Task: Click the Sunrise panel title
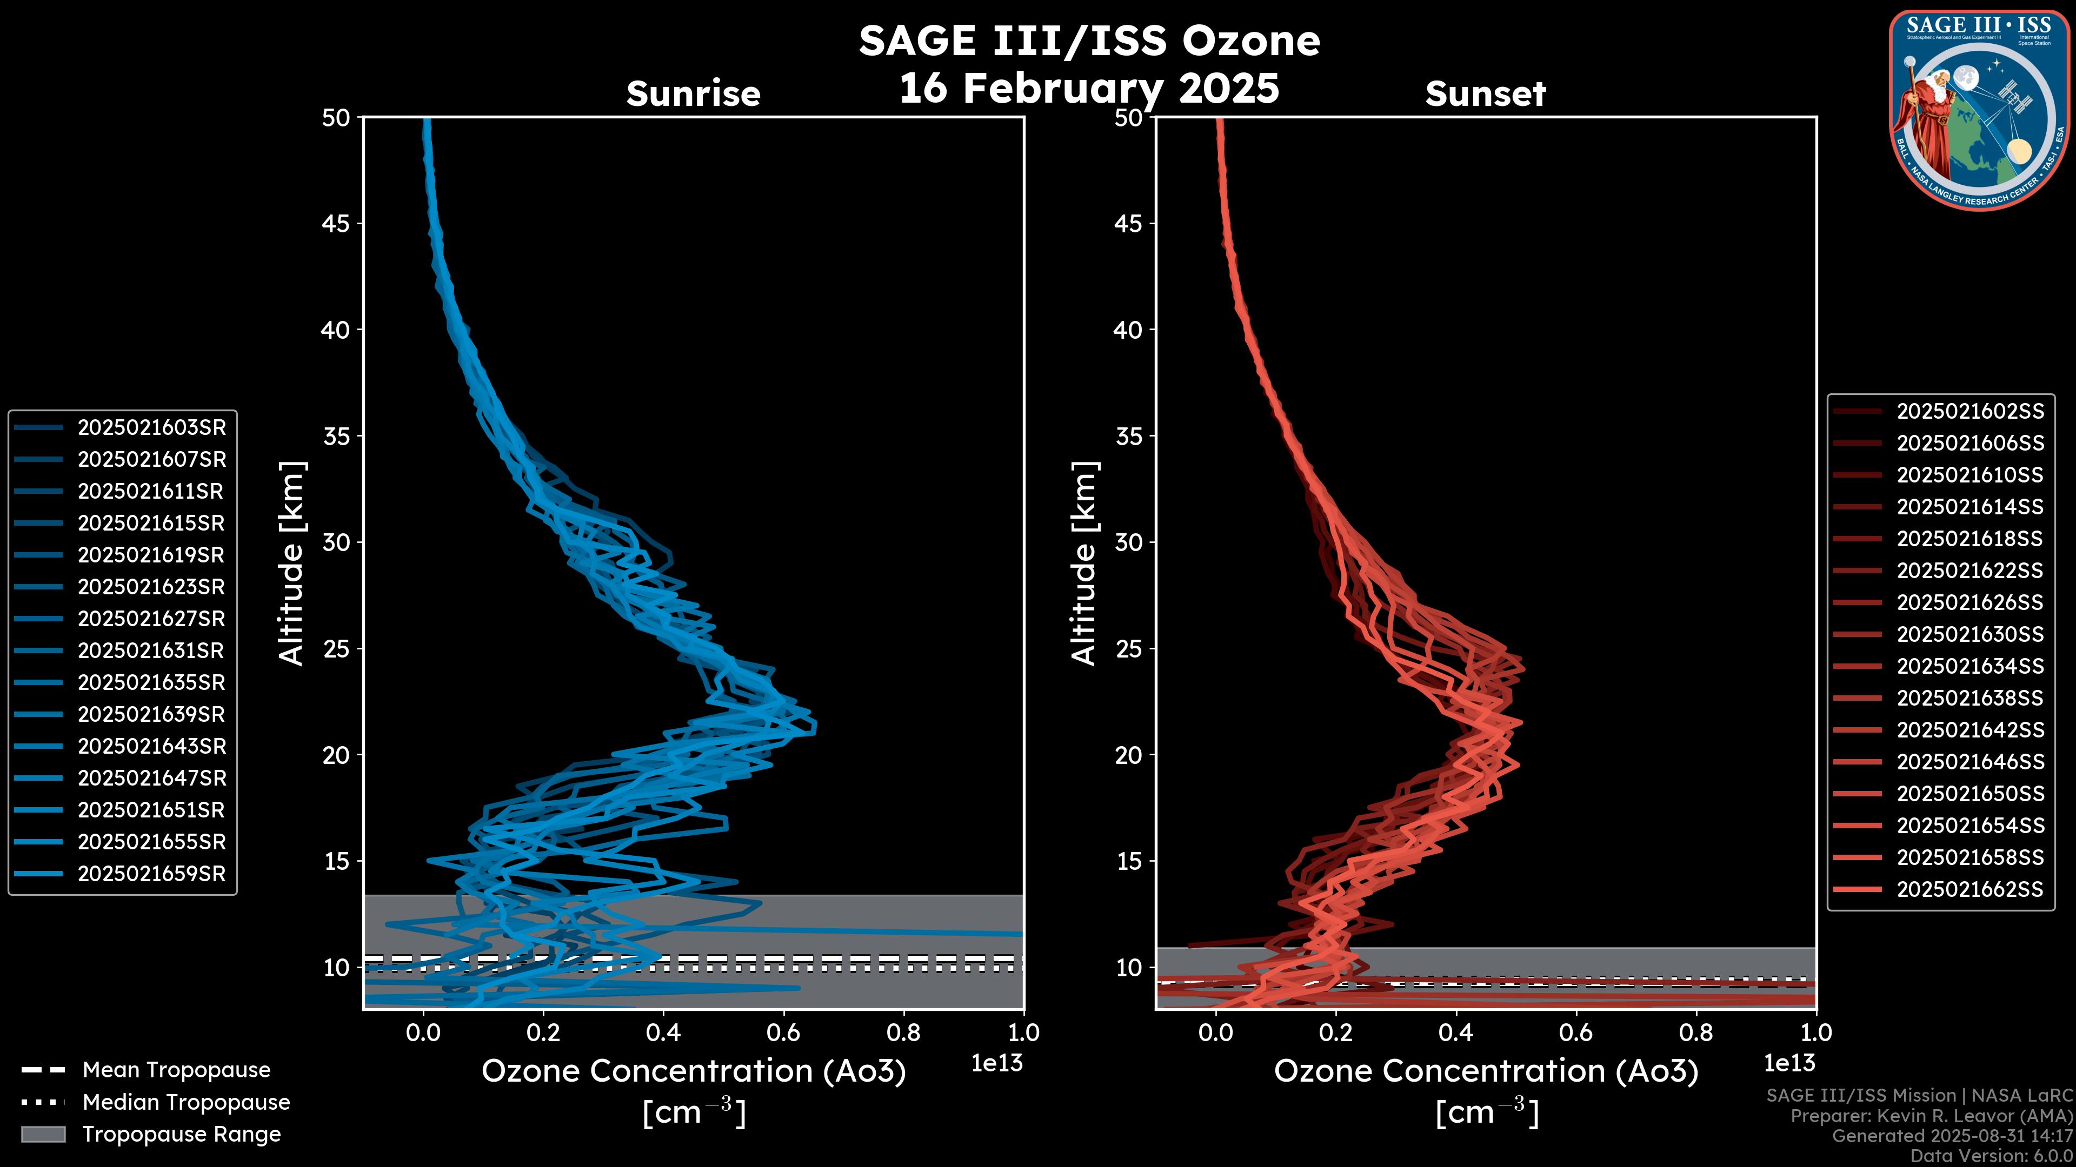click(x=693, y=94)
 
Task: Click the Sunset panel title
click(x=1485, y=94)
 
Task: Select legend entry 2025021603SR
click(x=151, y=428)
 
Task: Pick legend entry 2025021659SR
click(x=151, y=874)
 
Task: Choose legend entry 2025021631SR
click(x=151, y=650)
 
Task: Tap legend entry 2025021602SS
click(x=1969, y=412)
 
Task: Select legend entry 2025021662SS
click(x=1969, y=889)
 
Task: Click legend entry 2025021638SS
click(x=1969, y=698)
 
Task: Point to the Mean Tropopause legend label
click(x=176, y=1070)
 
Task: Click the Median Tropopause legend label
click(x=186, y=1103)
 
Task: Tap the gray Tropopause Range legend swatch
click(x=43, y=1134)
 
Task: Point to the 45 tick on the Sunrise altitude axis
click(x=336, y=224)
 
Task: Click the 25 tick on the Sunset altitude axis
click(x=1128, y=649)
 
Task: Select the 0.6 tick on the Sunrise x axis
click(x=782, y=1032)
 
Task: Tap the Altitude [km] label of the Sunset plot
click(x=1084, y=564)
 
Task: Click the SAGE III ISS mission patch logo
click(x=1979, y=109)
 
